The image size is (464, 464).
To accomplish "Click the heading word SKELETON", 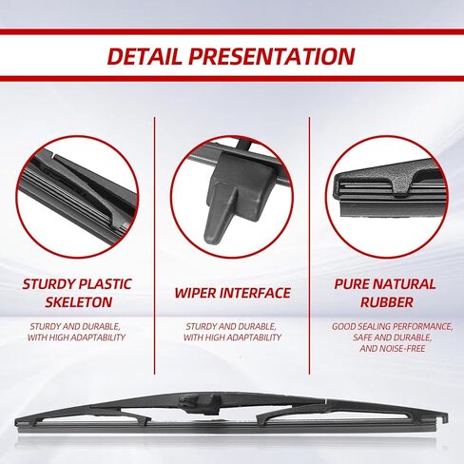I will pyautogui.click(x=78, y=302).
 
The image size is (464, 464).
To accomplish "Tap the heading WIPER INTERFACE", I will pyautogui.click(x=231, y=293).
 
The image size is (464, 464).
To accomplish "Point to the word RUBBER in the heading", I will pyautogui.click(x=384, y=302).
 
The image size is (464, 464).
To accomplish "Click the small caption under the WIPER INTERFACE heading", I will pyautogui.click(x=231, y=332).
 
